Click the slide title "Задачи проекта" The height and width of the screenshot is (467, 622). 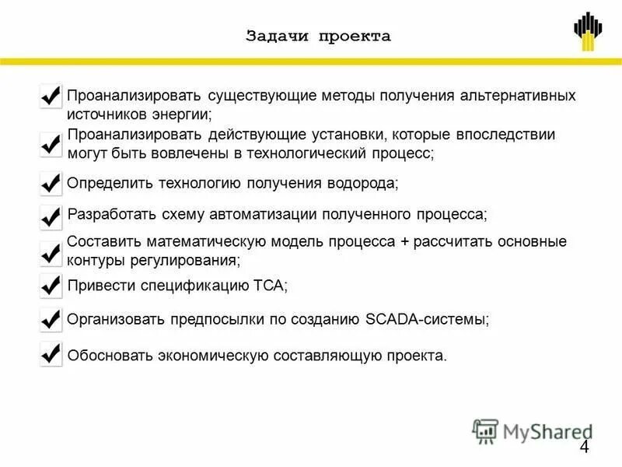(318, 37)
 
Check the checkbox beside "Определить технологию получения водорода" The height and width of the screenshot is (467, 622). (51, 184)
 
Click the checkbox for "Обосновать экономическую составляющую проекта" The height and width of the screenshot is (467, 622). (51, 354)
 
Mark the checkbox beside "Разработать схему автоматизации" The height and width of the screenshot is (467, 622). (51, 216)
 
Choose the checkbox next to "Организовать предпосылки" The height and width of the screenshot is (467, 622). (51, 319)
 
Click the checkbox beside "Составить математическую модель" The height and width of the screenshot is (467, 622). (51, 252)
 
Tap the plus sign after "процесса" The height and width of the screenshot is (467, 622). (404, 241)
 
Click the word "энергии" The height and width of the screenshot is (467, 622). (186, 114)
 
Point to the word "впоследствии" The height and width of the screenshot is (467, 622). (511, 135)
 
